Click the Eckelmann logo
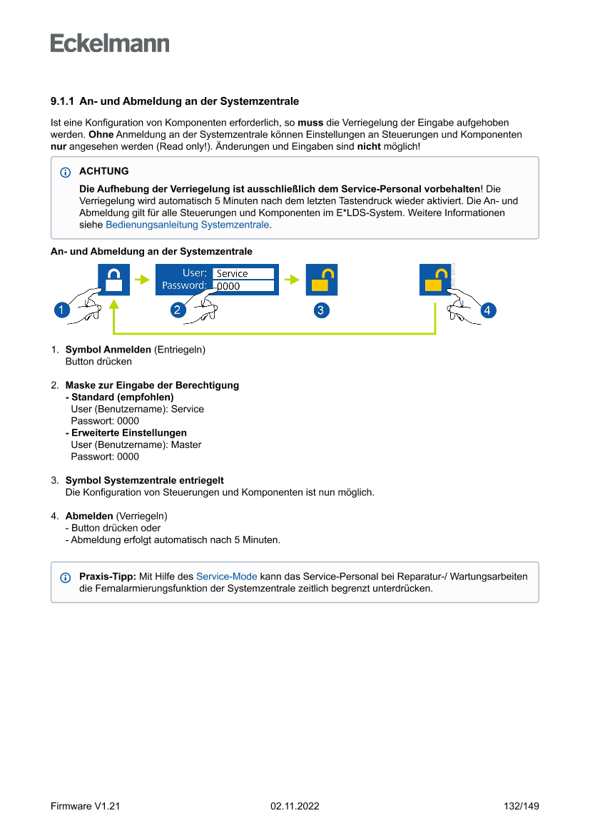tap(110, 43)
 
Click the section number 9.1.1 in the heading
tap(63, 101)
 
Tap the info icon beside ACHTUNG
tap(66, 173)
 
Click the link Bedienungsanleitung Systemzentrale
tap(188, 225)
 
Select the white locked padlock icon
tap(113, 280)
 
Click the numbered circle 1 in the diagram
tap(62, 310)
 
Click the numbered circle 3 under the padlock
tap(321, 310)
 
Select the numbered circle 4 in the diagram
tap(487, 310)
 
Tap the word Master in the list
tap(186, 444)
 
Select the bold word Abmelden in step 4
tap(89, 516)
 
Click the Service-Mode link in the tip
tap(226, 576)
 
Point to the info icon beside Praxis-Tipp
tap(66, 577)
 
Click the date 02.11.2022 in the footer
tap(295, 806)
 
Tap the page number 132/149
tap(521, 806)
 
